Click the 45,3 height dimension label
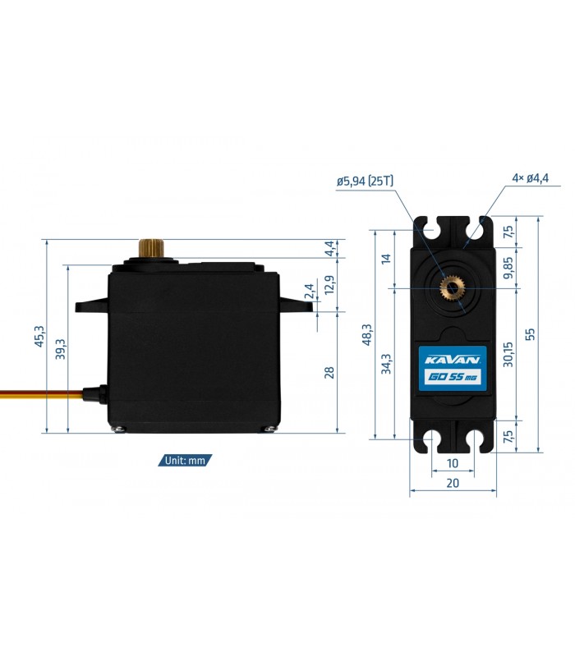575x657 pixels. click(x=39, y=336)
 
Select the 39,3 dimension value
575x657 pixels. click(x=60, y=349)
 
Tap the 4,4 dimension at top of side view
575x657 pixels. click(x=330, y=248)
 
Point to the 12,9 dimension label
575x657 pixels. click(x=330, y=284)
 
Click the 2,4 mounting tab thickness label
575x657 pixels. click(x=310, y=292)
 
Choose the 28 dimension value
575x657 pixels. click(x=330, y=372)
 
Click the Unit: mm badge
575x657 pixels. click(x=185, y=461)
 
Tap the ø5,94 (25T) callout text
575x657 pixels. click(x=365, y=181)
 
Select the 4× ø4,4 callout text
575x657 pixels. click(x=530, y=178)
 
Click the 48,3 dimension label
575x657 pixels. click(x=367, y=334)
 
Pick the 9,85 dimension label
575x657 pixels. click(x=508, y=268)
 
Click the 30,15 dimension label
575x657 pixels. click(x=508, y=355)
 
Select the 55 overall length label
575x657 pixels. click(x=530, y=334)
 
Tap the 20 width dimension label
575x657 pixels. click(x=453, y=483)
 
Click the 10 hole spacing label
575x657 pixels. click(x=453, y=463)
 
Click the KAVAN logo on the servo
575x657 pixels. click(x=453, y=360)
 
